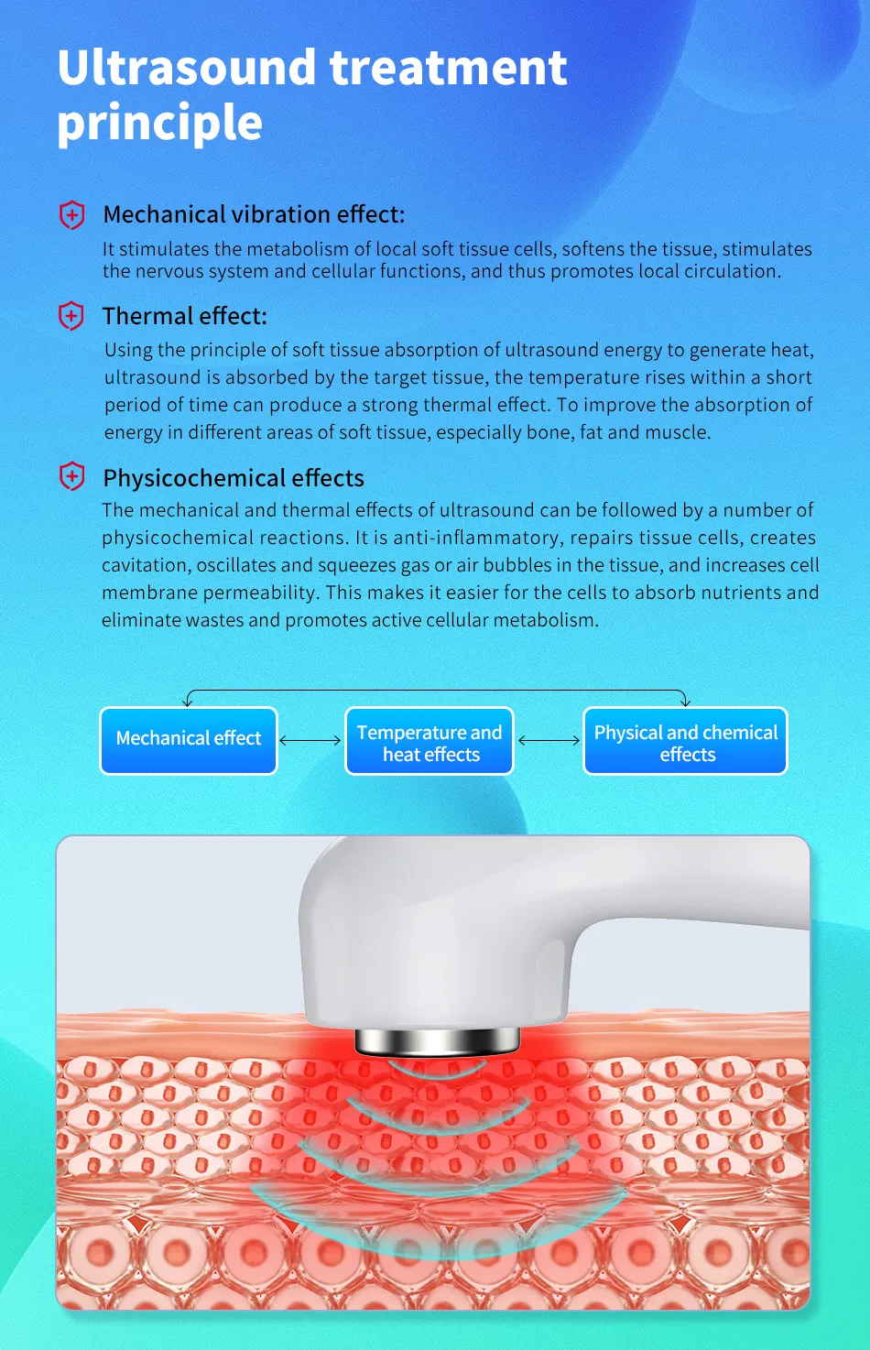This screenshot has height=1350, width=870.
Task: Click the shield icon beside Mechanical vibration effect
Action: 71,215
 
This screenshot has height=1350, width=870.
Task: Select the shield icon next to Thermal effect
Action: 71,316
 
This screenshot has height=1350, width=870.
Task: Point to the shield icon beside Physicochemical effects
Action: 71,477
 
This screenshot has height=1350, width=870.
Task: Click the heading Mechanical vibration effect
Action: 254,214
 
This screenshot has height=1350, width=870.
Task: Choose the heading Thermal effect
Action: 185,316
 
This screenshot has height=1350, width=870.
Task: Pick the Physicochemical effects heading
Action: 234,478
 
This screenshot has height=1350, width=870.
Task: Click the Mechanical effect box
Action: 189,740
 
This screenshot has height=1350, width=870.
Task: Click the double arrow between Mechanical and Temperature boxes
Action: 310,740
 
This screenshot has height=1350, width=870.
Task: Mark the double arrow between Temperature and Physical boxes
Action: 549,740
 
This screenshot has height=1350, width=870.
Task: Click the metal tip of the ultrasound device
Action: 437,1040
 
